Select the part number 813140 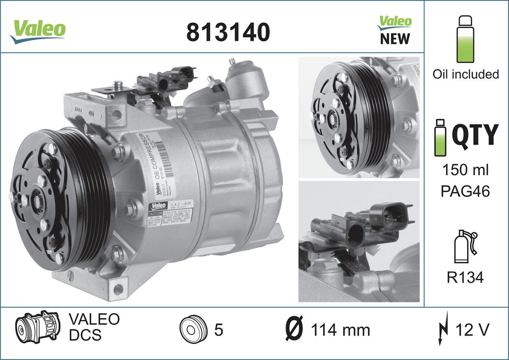click(228, 32)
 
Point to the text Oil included click(465, 74)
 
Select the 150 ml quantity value click(465, 170)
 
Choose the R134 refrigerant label click(465, 278)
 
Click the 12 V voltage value click(473, 329)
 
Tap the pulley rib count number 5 click(219, 330)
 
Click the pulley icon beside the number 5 click(193, 330)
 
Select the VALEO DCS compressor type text click(94, 327)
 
